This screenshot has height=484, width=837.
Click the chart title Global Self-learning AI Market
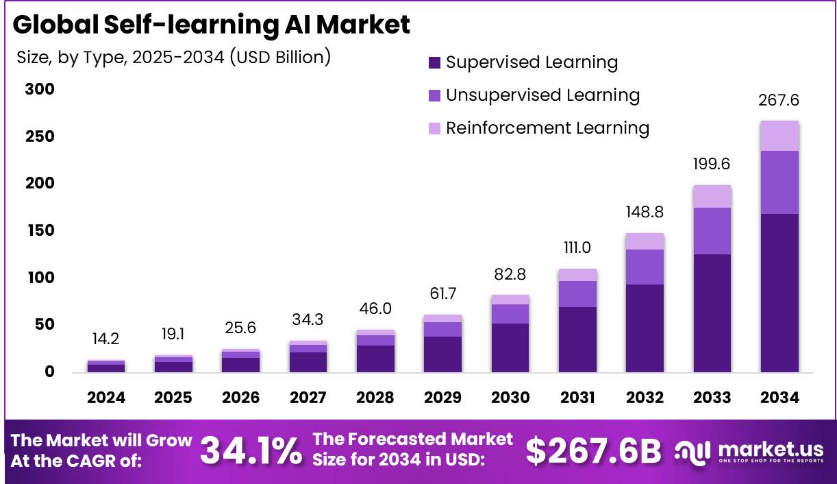[x=211, y=25]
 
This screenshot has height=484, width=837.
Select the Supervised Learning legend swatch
[x=434, y=63]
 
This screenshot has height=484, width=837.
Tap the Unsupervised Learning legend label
[x=542, y=95]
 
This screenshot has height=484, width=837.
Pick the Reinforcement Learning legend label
[x=547, y=128]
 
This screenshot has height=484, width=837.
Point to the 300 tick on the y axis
[x=40, y=90]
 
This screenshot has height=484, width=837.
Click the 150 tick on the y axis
[x=40, y=230]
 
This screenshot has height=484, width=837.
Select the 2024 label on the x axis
[x=106, y=398]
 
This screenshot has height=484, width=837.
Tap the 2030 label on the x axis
[x=510, y=398]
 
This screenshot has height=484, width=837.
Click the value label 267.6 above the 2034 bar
[x=779, y=101]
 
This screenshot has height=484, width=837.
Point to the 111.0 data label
[x=577, y=247]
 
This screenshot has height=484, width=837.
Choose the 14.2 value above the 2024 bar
[x=106, y=339]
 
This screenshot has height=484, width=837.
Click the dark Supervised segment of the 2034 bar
[x=779, y=293]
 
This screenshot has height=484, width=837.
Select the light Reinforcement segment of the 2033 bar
[x=712, y=196]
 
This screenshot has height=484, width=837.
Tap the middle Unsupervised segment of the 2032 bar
[x=645, y=267]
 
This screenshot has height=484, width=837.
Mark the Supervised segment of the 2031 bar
[x=577, y=339]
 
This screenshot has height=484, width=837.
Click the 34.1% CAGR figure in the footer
[x=251, y=450]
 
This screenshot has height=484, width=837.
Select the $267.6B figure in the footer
[x=593, y=450]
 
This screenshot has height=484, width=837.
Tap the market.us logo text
[x=770, y=448]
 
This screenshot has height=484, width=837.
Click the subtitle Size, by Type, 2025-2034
[x=173, y=58]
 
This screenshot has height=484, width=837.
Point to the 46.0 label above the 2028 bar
[x=375, y=308]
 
